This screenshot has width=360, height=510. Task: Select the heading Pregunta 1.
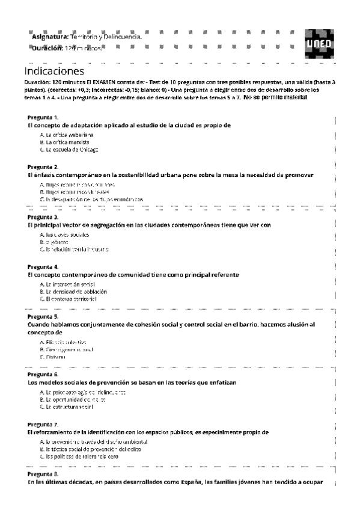point(43,117)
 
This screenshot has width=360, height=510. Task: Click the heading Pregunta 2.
point(43,167)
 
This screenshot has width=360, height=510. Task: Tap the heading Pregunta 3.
point(43,217)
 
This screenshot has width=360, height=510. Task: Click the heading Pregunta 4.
point(43,266)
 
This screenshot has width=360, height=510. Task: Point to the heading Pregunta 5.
point(43,316)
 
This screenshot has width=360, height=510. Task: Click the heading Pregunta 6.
point(43,374)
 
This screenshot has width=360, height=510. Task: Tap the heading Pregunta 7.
point(43,424)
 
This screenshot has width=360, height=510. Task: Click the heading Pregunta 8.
point(43,474)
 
